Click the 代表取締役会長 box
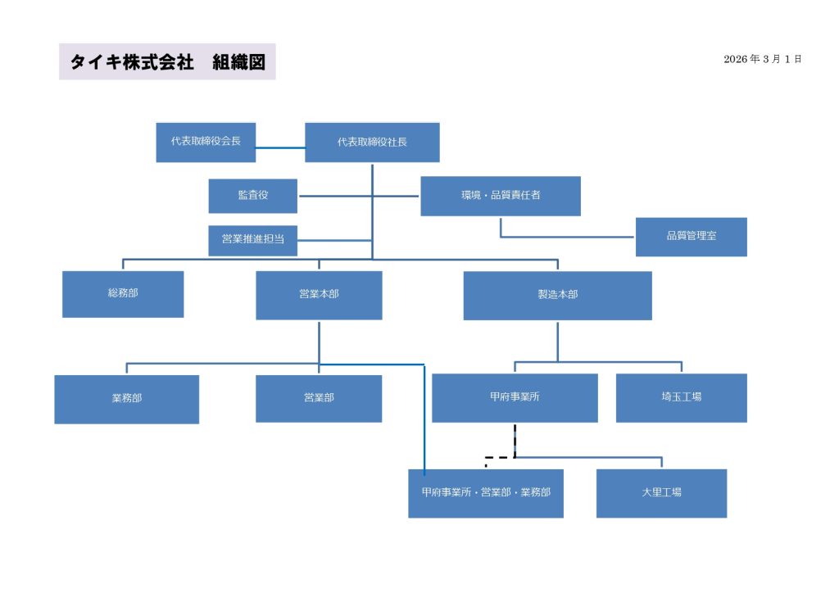(x=206, y=142)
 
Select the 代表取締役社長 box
(x=372, y=142)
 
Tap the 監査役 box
(x=253, y=196)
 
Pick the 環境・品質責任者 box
(x=500, y=196)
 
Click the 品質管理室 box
(x=691, y=236)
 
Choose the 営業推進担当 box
(x=253, y=240)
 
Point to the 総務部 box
(x=123, y=294)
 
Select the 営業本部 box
(x=319, y=295)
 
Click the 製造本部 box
(x=557, y=295)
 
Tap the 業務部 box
(x=126, y=399)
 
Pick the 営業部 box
(x=319, y=398)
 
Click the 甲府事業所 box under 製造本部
(x=515, y=397)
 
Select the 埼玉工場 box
(x=681, y=397)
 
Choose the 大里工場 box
(x=661, y=493)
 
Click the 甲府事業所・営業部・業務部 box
(x=486, y=493)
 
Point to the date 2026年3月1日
(x=762, y=60)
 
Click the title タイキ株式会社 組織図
(x=167, y=62)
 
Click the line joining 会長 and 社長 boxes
(x=280, y=148)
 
